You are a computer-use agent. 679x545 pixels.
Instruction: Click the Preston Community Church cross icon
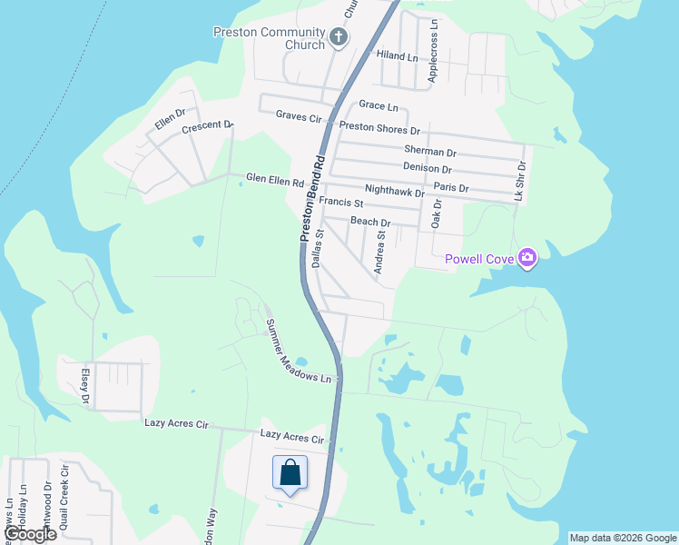tap(339, 37)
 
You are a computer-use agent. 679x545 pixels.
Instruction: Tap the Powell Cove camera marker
tap(526, 260)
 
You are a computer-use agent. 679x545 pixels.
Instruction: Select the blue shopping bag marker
tap(290, 473)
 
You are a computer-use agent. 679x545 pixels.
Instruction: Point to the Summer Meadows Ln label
tap(300, 352)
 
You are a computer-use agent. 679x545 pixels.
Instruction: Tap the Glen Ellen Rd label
tap(275, 181)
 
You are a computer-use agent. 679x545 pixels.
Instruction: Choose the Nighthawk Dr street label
tap(394, 193)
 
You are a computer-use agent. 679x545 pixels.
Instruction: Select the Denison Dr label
tap(427, 168)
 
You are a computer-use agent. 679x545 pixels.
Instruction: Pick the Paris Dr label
tap(450, 188)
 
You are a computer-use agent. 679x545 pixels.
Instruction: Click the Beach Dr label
tap(369, 223)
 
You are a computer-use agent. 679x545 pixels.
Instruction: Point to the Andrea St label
tap(380, 252)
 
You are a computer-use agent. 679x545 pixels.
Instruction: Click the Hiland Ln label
tap(397, 57)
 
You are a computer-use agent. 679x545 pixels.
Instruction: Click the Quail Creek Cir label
tap(64, 499)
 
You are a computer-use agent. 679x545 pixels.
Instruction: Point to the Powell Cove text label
tap(478, 260)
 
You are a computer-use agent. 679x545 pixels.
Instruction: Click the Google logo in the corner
tap(29, 534)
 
